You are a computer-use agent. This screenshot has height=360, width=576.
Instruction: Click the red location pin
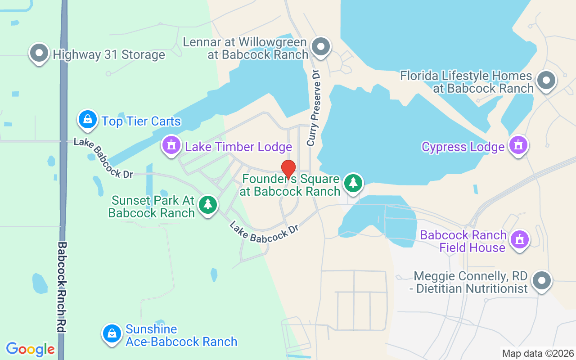(x=288, y=169)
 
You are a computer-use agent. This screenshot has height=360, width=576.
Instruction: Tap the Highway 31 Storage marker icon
(x=39, y=53)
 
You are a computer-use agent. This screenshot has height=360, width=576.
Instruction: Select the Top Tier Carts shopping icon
(x=88, y=120)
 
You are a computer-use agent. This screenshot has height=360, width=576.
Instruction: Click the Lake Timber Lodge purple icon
(x=171, y=145)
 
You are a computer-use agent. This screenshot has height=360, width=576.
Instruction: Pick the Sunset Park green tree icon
(x=208, y=205)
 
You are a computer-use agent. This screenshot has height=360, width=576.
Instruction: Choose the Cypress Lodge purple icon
(x=518, y=145)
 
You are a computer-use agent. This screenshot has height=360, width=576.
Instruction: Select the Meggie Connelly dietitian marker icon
(x=542, y=281)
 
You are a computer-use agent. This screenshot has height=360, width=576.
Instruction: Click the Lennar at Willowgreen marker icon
(x=321, y=47)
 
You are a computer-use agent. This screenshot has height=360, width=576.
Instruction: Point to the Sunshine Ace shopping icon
(x=112, y=334)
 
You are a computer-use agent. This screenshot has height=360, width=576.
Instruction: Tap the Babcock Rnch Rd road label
(x=62, y=287)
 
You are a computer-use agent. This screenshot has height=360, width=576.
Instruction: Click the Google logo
(x=30, y=349)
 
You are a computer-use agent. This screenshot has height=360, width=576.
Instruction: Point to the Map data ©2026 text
(x=538, y=353)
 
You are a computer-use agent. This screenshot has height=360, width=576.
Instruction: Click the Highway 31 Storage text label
(x=109, y=55)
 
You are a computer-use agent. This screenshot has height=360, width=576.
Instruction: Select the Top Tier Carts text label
(x=141, y=121)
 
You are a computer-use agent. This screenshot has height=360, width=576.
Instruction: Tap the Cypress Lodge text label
(x=463, y=147)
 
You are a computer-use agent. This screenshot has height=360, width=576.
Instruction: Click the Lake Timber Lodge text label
(x=238, y=147)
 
